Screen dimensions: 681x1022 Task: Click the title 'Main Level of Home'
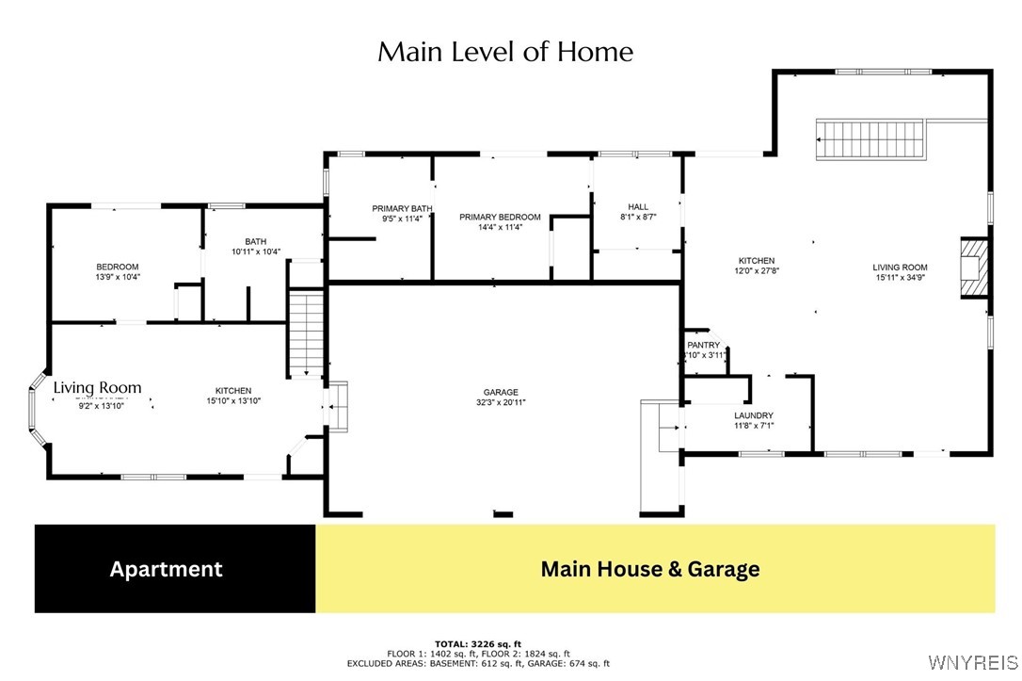tap(505, 52)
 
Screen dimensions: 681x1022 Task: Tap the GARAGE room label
tap(502, 393)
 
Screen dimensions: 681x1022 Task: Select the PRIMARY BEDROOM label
tap(500, 218)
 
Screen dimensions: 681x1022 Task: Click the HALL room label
tap(638, 207)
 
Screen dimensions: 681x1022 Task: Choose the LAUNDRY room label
tap(753, 415)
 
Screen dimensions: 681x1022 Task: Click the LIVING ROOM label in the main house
tap(900, 267)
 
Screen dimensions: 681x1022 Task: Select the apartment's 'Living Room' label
tap(97, 387)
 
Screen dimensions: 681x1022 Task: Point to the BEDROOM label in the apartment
tap(118, 267)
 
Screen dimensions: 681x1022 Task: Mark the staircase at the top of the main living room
tap(870, 139)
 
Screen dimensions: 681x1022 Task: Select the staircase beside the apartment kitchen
tap(306, 334)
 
